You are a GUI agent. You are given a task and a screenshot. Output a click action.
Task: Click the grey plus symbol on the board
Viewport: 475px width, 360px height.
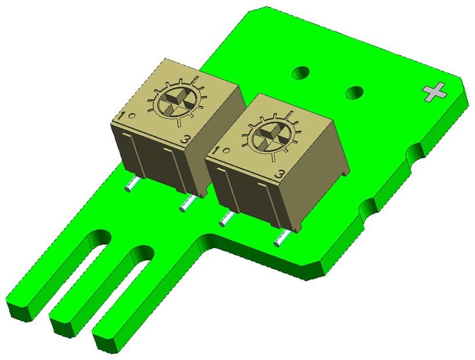coord(434,92)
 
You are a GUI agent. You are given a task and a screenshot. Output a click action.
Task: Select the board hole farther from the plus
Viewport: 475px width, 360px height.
coord(300,72)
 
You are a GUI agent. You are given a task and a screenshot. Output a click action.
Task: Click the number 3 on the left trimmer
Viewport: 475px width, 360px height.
coord(185,139)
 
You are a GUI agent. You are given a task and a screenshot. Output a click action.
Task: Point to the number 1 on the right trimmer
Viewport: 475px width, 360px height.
coord(216,151)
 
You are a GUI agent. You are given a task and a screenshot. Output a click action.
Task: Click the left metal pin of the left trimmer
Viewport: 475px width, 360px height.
coord(131,185)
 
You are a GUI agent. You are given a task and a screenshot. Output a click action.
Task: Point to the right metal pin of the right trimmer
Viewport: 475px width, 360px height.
coord(281,238)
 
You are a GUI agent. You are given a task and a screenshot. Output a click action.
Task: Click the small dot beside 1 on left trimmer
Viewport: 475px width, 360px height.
coord(132,115)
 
